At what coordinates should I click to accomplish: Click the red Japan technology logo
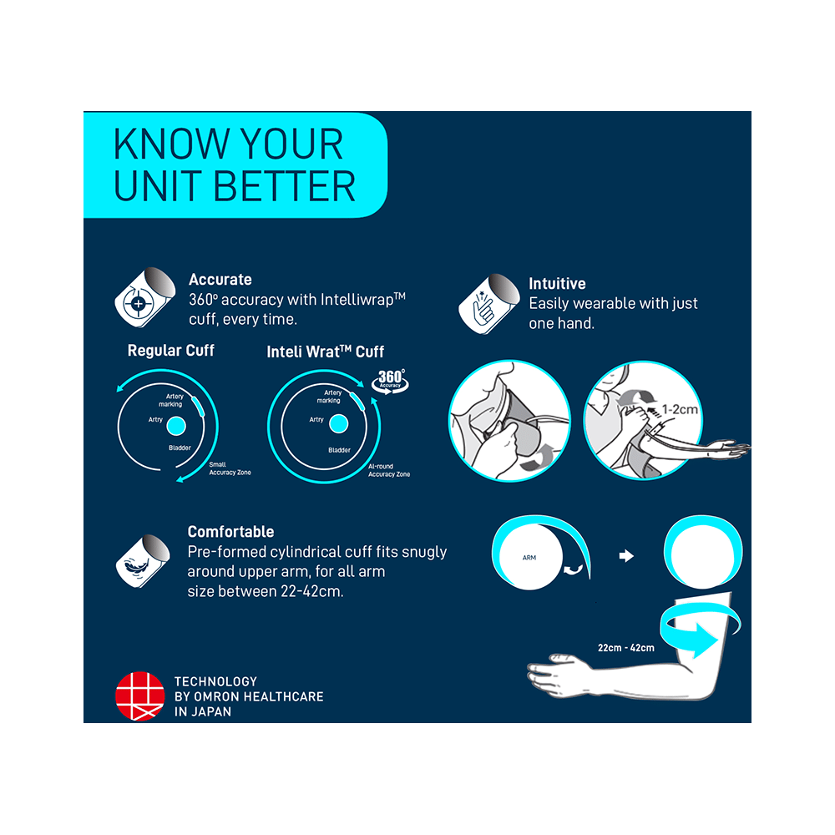pyautogui.click(x=140, y=696)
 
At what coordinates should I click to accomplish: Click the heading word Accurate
pyautogui.click(x=220, y=280)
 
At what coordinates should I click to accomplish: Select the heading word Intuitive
pyautogui.click(x=557, y=283)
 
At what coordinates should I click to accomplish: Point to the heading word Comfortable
pyautogui.click(x=230, y=531)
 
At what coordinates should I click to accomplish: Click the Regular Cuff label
pyautogui.click(x=171, y=351)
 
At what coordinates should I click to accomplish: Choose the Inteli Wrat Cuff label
pyautogui.click(x=326, y=352)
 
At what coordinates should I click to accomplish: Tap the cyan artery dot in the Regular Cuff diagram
pyautogui.click(x=176, y=426)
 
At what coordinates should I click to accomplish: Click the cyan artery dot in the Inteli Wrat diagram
pyautogui.click(x=339, y=424)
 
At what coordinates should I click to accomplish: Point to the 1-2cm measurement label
pyautogui.click(x=680, y=409)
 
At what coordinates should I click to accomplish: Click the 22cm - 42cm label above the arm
pyautogui.click(x=625, y=648)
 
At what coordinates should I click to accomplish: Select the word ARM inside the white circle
pyautogui.click(x=529, y=558)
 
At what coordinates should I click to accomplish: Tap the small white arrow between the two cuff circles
pyautogui.click(x=626, y=556)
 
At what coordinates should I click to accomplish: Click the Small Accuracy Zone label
pyautogui.click(x=230, y=468)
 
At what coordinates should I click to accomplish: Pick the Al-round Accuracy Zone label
pyautogui.click(x=389, y=470)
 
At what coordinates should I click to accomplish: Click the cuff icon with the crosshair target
pyautogui.click(x=144, y=297)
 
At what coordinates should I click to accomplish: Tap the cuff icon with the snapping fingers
pyautogui.click(x=488, y=304)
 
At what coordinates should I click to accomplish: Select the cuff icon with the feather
pyautogui.click(x=143, y=561)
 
